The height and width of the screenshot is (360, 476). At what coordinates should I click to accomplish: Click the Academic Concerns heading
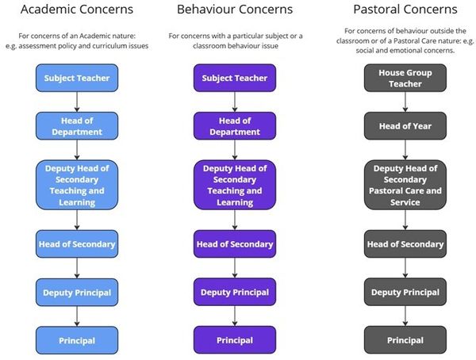(x=76, y=10)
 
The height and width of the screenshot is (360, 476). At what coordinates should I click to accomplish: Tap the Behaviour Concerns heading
(x=235, y=10)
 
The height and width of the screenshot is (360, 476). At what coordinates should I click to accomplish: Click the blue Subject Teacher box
(x=76, y=78)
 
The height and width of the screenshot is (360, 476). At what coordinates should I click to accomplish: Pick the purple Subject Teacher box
(x=235, y=78)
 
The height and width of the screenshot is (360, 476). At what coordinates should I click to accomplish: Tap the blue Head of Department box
(x=76, y=125)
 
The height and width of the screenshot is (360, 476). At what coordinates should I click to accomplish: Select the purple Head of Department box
(x=235, y=125)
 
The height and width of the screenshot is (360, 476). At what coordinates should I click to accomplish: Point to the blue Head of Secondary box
(x=76, y=244)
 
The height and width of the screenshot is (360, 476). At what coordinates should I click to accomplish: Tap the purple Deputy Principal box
(x=235, y=293)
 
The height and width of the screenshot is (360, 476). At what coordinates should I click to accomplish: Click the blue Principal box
(x=76, y=340)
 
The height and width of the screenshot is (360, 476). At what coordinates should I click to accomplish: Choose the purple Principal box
(x=235, y=340)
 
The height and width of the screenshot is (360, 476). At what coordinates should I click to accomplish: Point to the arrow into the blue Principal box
(x=76, y=316)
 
